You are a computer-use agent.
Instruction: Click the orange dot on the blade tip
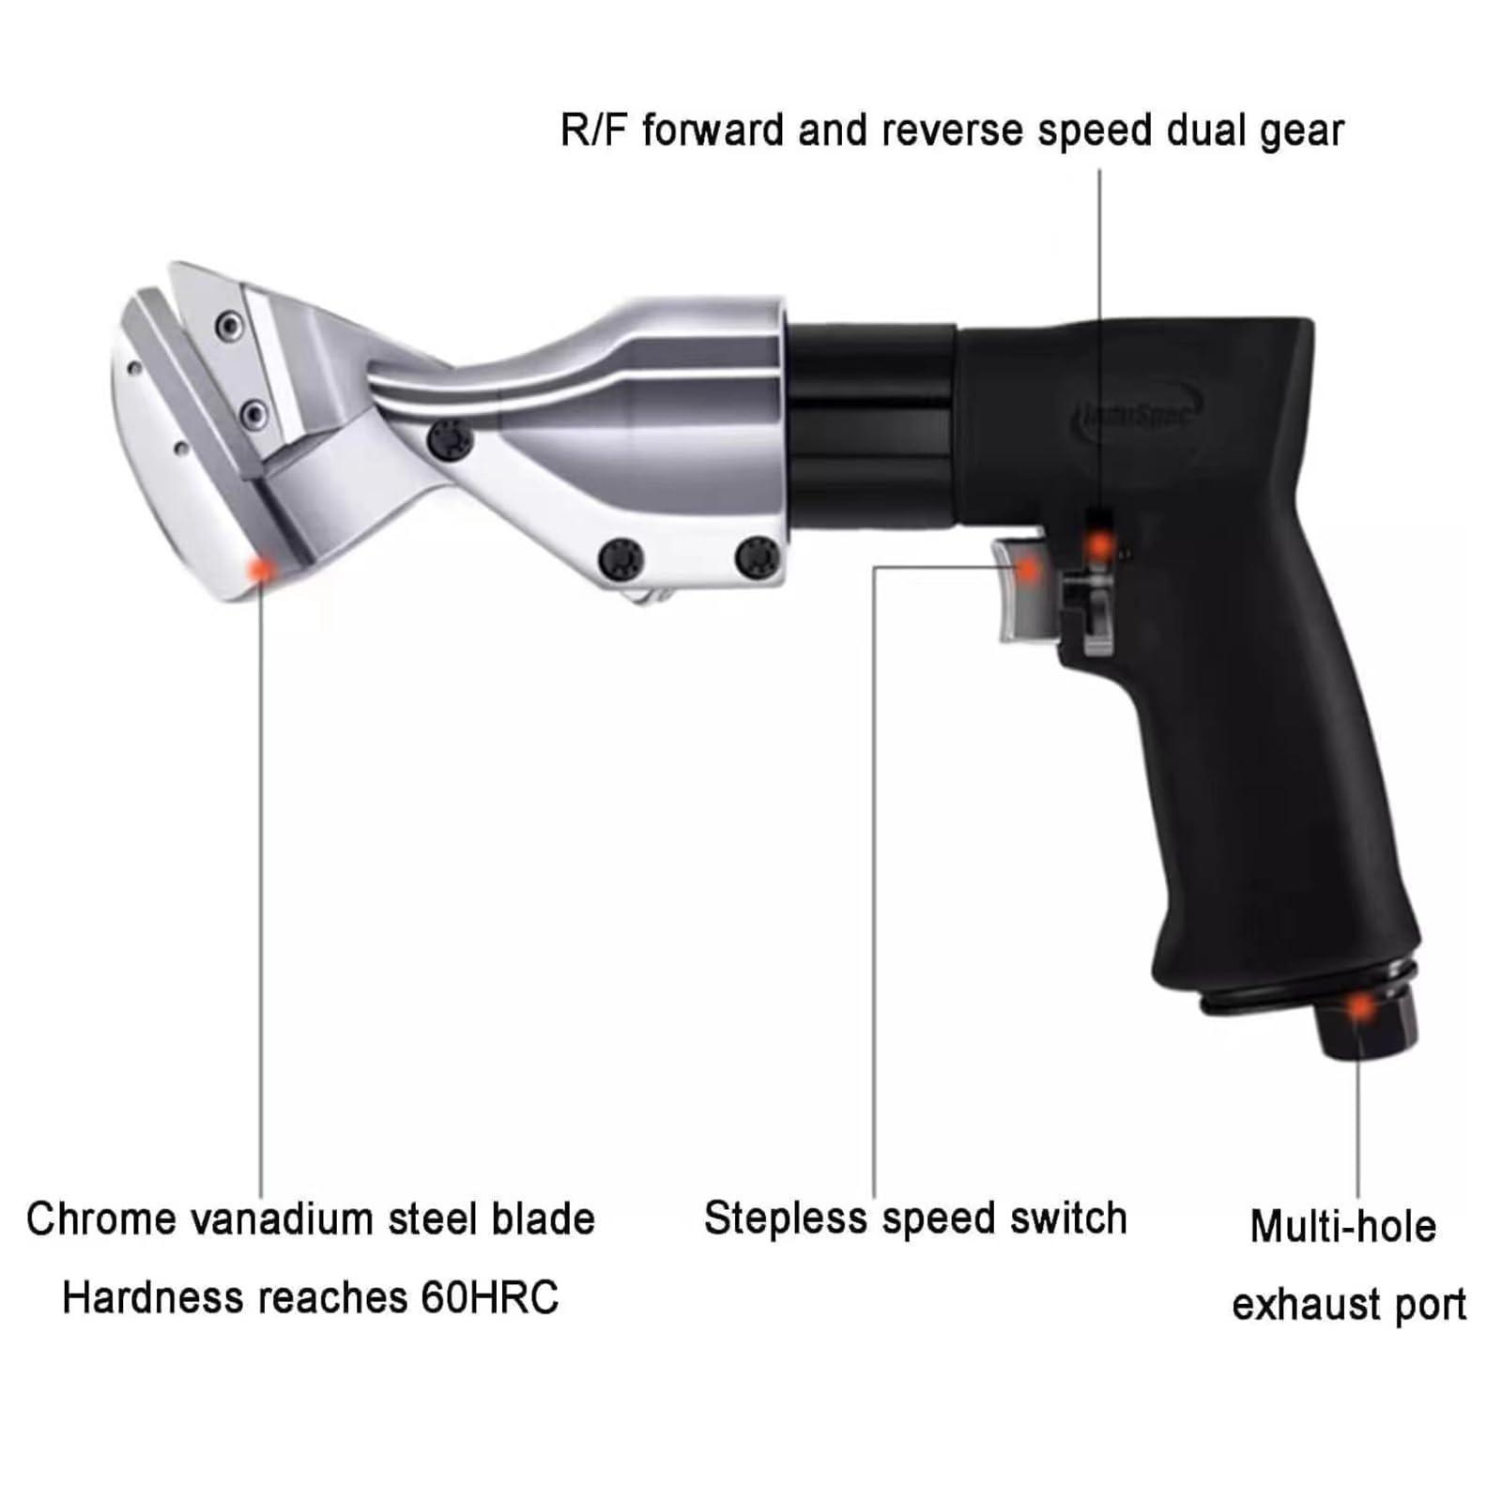260,568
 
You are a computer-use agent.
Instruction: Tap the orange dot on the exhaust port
1359,1007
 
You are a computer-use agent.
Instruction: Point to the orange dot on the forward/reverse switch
1099,544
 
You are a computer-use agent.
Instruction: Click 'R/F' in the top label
593,130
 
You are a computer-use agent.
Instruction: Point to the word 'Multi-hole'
1343,1226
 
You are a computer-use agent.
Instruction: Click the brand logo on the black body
1137,414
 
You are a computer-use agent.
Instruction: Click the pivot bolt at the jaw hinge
449,440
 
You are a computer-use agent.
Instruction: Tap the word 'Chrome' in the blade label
102,1219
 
